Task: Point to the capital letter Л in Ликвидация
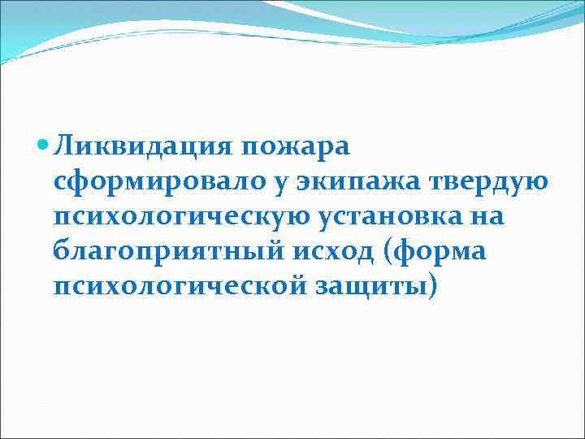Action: point(63,147)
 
